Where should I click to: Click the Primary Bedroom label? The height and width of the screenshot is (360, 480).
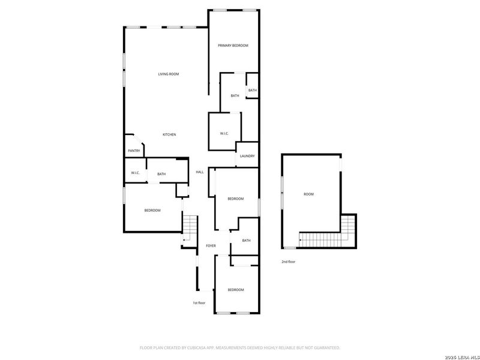233,46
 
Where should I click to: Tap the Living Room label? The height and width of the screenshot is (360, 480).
169,74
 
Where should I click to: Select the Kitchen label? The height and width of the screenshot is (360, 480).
169,134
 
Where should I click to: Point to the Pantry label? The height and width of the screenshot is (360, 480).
134,151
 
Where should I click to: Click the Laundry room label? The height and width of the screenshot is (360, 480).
247,156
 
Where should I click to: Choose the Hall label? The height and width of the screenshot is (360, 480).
200,172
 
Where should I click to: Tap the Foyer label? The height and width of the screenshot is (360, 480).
211,246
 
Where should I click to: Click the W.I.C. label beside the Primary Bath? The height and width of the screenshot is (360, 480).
224,133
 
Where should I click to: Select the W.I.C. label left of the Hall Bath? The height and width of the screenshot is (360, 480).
135,174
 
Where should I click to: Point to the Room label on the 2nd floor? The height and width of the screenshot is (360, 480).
308,194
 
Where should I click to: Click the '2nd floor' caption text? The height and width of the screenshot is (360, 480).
288,262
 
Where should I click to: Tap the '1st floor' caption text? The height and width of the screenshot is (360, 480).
199,303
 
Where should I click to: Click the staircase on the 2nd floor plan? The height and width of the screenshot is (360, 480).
327,238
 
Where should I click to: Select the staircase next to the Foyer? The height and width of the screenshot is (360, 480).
190,227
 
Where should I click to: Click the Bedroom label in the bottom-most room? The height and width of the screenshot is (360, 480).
236,290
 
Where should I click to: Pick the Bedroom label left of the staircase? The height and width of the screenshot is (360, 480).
152,210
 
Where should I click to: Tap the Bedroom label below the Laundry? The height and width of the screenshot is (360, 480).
235,199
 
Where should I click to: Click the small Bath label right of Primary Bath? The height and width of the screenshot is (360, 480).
252,91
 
